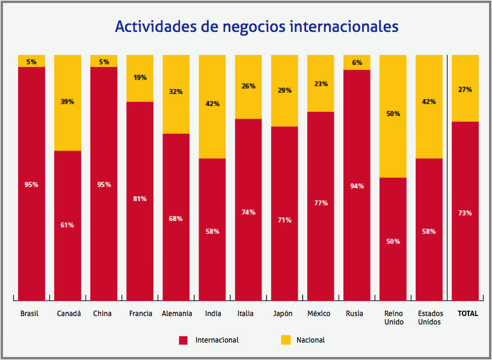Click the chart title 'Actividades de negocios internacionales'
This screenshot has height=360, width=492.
click(256, 27)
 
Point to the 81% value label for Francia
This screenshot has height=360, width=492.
click(140, 199)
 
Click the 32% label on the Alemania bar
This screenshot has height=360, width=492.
click(176, 92)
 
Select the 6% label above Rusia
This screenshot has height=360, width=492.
click(357, 63)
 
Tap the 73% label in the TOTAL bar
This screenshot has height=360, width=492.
click(465, 213)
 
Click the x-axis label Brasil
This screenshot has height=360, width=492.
click(29, 314)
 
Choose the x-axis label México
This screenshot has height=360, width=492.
click(319, 314)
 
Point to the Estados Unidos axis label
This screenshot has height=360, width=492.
click(430, 318)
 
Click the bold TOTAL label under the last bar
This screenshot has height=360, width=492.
click(468, 314)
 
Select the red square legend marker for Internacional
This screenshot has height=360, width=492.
click(183, 340)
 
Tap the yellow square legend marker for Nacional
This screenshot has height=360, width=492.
click(285, 340)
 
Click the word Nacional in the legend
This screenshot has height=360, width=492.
click(310, 340)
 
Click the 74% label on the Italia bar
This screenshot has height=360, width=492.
click(248, 213)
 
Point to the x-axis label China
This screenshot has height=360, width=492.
click(102, 314)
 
